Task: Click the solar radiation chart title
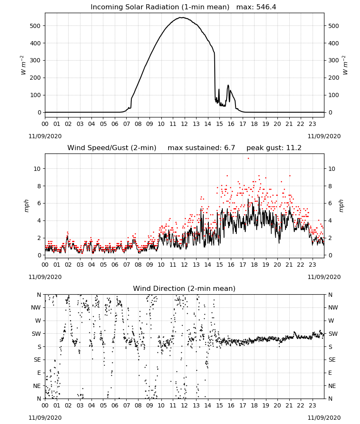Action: click(x=183, y=7)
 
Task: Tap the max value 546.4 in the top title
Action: click(x=266, y=7)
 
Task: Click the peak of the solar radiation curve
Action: click(x=183, y=17)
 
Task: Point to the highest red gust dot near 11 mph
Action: click(x=248, y=159)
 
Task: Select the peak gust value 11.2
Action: click(x=293, y=148)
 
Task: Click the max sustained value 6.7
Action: click(x=230, y=148)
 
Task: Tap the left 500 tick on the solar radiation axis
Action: click(x=35, y=26)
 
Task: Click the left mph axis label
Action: click(x=26, y=206)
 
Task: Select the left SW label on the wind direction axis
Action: click(x=36, y=334)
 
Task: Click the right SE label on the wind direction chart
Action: click(x=332, y=360)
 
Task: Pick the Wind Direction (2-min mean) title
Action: click(x=184, y=288)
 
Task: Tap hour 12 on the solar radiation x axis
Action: click(x=185, y=124)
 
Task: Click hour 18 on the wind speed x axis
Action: click(x=254, y=265)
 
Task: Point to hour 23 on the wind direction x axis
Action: click(x=313, y=405)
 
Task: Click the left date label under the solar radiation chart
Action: click(x=45, y=136)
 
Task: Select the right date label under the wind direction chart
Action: click(x=324, y=418)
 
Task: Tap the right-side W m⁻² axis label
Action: click(x=345, y=65)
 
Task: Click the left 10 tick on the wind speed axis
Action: click(x=37, y=169)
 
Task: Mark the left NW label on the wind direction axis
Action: click(x=36, y=307)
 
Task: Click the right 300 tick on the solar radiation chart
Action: click(x=334, y=60)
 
